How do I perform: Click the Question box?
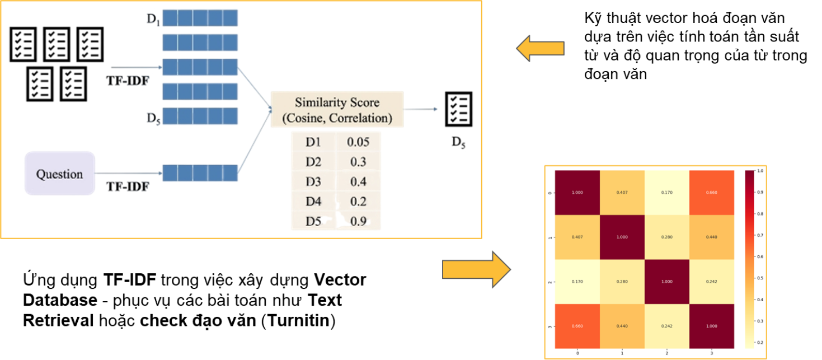(x=59, y=174)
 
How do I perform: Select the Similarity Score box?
(x=337, y=110)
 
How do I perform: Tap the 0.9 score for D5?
(x=358, y=221)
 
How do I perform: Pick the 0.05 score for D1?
(x=358, y=142)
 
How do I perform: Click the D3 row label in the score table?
(x=313, y=181)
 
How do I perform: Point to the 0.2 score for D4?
(x=358, y=201)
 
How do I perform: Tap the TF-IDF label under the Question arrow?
(x=128, y=186)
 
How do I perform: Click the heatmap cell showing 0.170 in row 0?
(x=666, y=193)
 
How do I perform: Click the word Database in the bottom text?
(x=60, y=300)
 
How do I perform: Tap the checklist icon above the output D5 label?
(x=458, y=109)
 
